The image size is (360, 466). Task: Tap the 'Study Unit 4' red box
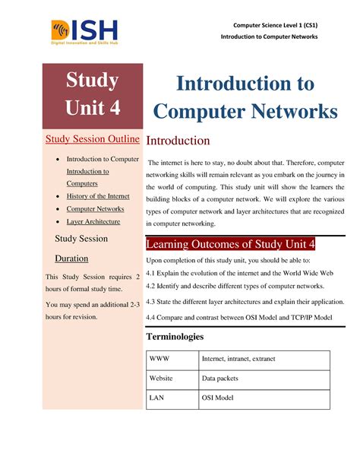(93, 94)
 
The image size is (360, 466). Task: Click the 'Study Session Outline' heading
(93, 139)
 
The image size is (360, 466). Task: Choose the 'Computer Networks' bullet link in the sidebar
(95, 208)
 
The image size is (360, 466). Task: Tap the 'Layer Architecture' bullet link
(93, 221)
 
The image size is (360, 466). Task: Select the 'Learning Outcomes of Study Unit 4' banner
(230, 244)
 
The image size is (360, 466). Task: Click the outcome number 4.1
(152, 271)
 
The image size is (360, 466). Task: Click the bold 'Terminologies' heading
(185, 336)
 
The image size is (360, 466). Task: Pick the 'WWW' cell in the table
(159, 360)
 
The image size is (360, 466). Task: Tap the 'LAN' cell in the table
(157, 398)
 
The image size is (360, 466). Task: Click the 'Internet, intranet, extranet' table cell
(238, 360)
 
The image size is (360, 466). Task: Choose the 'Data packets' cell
(220, 379)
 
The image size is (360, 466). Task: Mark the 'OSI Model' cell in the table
(218, 398)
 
